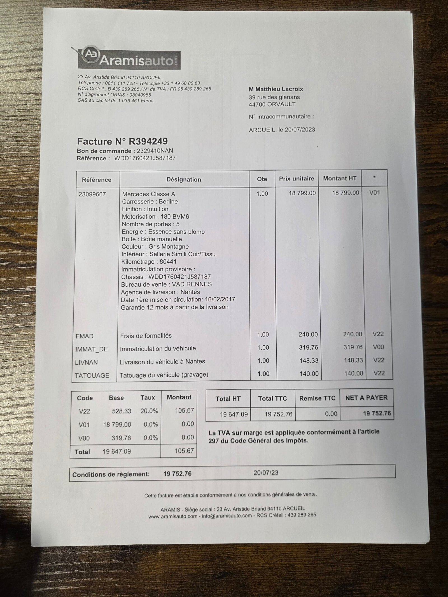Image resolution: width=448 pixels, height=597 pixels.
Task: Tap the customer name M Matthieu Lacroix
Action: (276, 89)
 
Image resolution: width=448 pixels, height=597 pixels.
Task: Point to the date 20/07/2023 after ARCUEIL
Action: (300, 130)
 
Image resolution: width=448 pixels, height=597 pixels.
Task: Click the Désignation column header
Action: (184, 180)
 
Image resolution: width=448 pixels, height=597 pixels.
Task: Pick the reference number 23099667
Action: (92, 194)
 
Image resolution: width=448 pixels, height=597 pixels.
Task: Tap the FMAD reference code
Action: (85, 336)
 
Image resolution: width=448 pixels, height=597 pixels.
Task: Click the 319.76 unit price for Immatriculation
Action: (308, 347)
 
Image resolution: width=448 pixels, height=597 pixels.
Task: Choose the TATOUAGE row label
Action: (92, 375)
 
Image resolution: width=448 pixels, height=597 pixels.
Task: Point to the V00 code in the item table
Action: (378, 347)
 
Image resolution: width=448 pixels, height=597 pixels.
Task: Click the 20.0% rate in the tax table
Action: (149, 411)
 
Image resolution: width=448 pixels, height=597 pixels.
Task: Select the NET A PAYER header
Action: (366, 398)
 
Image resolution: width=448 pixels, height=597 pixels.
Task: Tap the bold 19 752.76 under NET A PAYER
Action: (377, 413)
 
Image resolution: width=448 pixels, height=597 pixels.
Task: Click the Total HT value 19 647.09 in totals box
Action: (234, 414)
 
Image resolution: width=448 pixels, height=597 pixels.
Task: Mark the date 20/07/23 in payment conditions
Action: (266, 473)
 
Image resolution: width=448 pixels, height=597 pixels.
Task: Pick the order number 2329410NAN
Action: (155, 151)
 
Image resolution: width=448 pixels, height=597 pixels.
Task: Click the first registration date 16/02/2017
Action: (219, 299)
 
